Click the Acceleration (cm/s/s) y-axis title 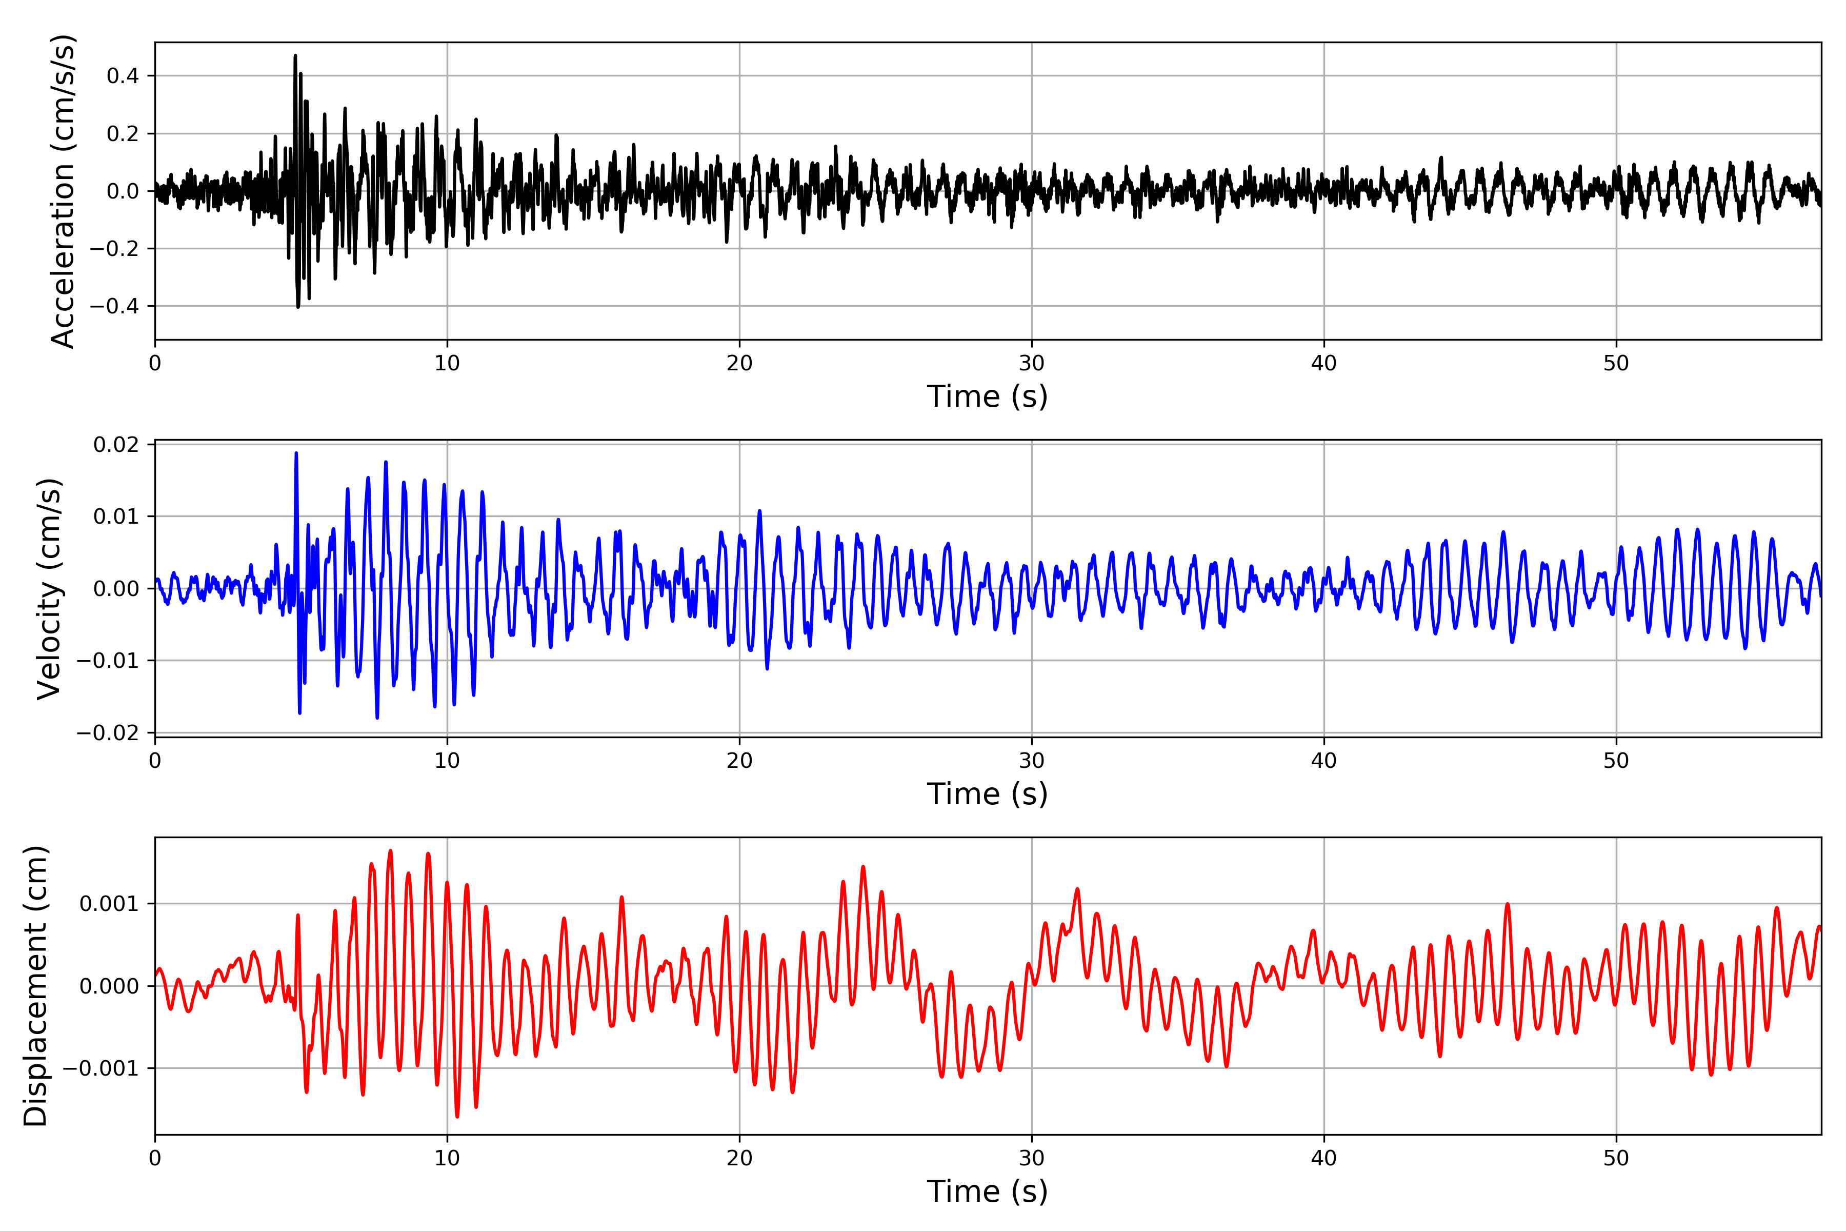(x=63, y=191)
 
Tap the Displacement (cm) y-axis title (x=36, y=986)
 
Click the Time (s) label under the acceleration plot (x=987, y=396)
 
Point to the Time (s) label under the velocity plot (x=987, y=793)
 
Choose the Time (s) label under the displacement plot (x=987, y=1191)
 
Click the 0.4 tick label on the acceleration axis (x=123, y=76)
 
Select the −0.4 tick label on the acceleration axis (x=114, y=306)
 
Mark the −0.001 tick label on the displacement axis (x=101, y=1068)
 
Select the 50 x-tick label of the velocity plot (x=1616, y=761)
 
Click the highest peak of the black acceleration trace (x=295, y=56)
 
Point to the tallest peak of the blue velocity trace (x=296, y=453)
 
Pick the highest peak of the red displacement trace (x=390, y=850)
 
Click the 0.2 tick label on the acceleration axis (x=123, y=133)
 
